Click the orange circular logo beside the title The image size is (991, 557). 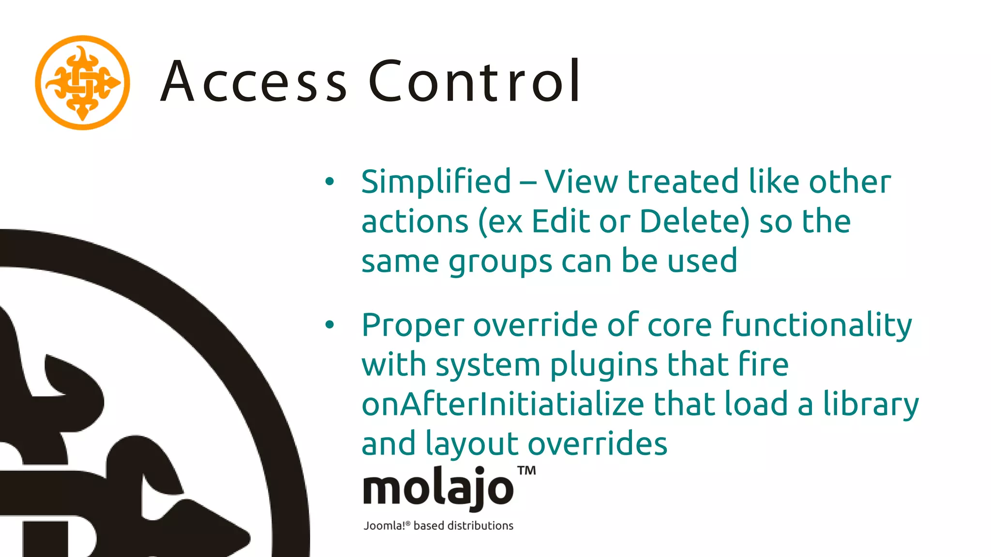pyautogui.click(x=82, y=83)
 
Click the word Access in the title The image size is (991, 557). pyautogui.click(x=254, y=81)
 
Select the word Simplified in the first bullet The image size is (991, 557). pyautogui.click(x=436, y=182)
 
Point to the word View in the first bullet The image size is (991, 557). pyautogui.click(x=581, y=182)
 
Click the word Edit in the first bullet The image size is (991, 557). pyautogui.click(x=560, y=221)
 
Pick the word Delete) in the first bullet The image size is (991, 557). pyautogui.click(x=694, y=221)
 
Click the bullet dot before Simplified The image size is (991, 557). pyautogui.click(x=330, y=182)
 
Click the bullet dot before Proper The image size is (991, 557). pyautogui.click(x=330, y=324)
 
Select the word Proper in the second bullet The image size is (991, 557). pyautogui.click(x=413, y=325)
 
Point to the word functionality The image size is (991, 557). pyautogui.click(x=816, y=325)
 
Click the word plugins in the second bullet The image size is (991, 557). pyautogui.click(x=604, y=365)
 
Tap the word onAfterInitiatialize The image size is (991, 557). pyautogui.click(x=503, y=404)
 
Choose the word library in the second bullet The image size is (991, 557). pyautogui.click(x=871, y=405)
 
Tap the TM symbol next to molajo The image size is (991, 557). pyautogui.click(x=526, y=470)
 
